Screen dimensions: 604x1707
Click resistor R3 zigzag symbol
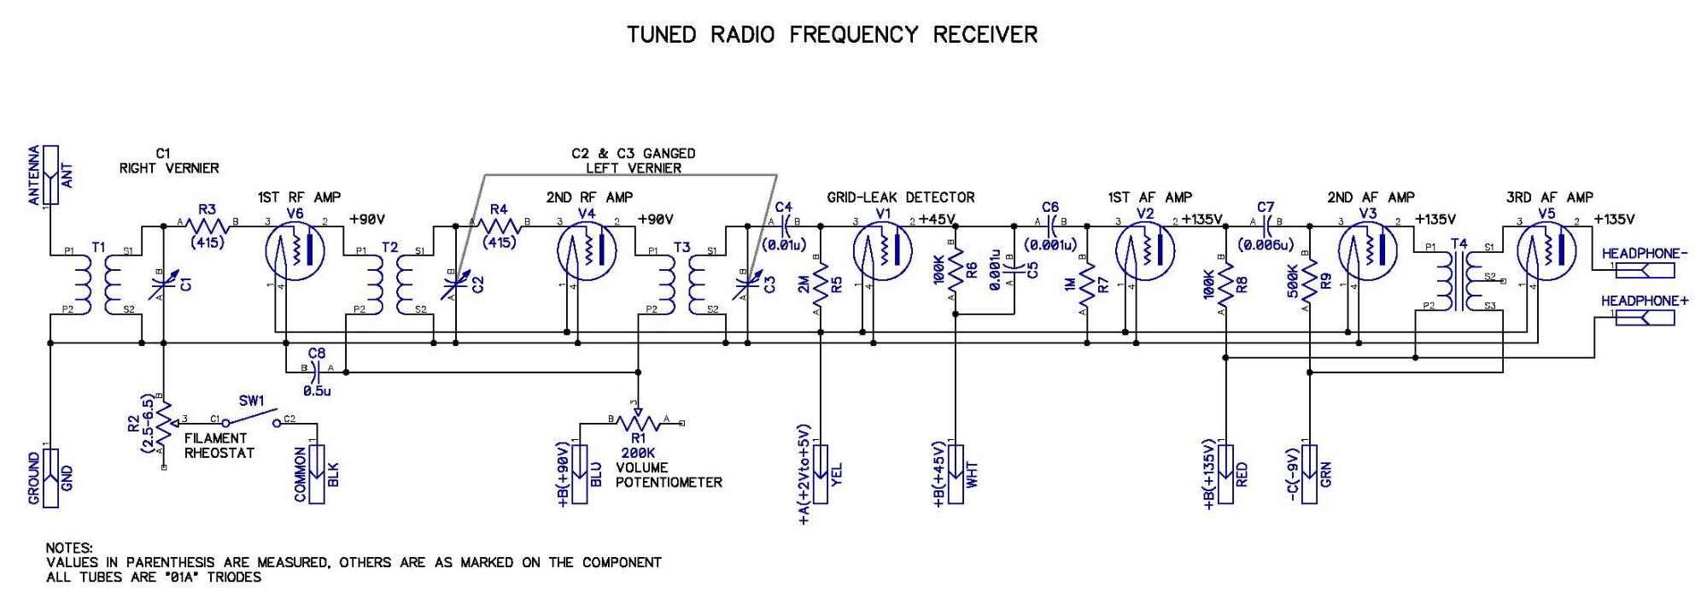click(208, 226)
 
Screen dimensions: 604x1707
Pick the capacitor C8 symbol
click(317, 371)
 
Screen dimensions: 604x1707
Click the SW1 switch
click(251, 420)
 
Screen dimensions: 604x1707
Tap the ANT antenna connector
click(51, 174)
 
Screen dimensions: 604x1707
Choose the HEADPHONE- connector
click(1645, 270)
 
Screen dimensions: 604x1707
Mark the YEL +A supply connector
click(821, 473)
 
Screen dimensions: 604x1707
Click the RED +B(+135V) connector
click(1225, 473)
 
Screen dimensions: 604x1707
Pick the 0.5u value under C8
click(317, 390)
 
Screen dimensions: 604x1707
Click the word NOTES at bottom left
click(69, 548)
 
